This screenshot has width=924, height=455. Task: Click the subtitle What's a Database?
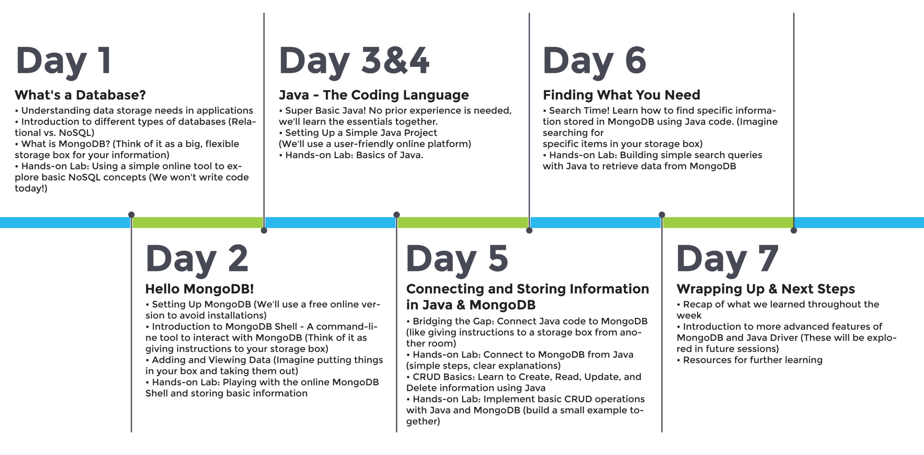pos(80,95)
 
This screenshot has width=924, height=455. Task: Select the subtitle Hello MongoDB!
pos(200,289)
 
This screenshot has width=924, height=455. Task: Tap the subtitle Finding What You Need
pos(622,95)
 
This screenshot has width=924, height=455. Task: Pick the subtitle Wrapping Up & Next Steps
pos(766,289)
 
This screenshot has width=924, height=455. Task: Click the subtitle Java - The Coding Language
pos(374,95)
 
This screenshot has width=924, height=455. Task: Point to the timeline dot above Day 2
pos(131,215)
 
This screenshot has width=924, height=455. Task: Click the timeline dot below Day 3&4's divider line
pos(264,230)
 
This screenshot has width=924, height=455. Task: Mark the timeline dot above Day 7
pos(662,215)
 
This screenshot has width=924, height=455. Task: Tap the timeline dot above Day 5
pos(397,215)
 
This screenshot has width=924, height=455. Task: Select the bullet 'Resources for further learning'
pos(750,360)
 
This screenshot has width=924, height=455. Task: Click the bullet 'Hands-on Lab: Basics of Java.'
pos(351,155)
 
